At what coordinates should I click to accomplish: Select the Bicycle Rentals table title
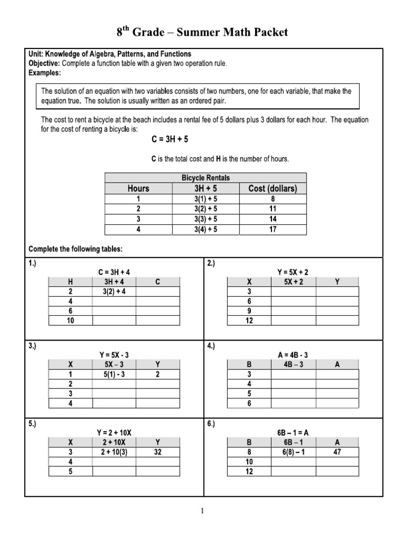pos(206,178)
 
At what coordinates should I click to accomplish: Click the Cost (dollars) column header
pos(272,188)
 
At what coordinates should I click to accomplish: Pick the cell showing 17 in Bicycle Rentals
pos(272,229)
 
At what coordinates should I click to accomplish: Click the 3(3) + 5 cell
pos(206,219)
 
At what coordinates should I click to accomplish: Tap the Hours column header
pos(138,188)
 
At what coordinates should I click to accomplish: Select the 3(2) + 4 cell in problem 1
pos(114,292)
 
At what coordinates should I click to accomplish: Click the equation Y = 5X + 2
pos(292,272)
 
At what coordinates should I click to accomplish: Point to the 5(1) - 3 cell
pos(114,374)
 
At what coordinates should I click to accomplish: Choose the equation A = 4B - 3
pos(292,355)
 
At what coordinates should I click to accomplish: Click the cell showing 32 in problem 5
pos(158,452)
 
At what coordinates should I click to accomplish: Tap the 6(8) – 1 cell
pos(292,452)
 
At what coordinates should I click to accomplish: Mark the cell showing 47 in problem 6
pos(337,452)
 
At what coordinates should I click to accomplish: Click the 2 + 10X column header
pos(114,442)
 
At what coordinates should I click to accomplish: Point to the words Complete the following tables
pos(75,248)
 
